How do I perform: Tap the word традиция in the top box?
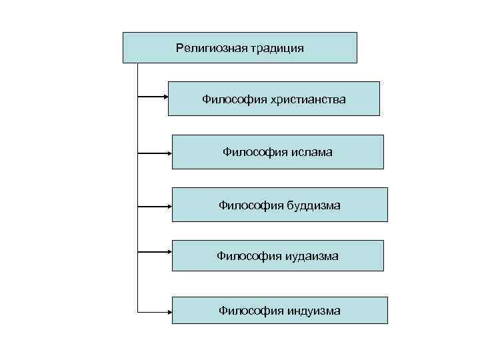click(277, 48)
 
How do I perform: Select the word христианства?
click(308, 99)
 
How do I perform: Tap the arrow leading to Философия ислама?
click(155, 153)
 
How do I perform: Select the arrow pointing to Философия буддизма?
click(155, 205)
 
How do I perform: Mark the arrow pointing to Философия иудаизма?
click(155, 253)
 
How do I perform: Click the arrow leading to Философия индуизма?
click(155, 311)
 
